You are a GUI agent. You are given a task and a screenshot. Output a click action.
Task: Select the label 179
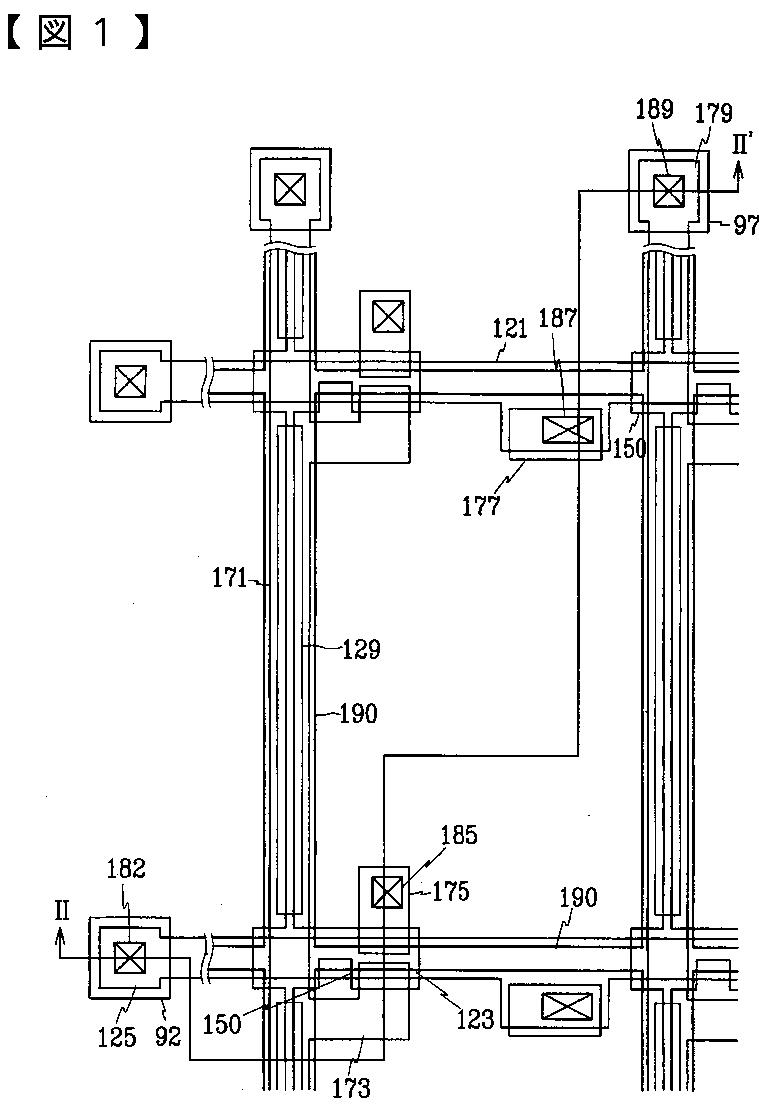coord(715,113)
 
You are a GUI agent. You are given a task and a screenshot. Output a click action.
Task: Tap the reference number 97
coord(745,225)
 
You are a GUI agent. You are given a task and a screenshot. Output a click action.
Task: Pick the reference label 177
coord(481,505)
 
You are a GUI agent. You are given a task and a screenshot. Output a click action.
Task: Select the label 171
coord(229,578)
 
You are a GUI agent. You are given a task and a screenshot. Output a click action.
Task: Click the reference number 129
coord(361,650)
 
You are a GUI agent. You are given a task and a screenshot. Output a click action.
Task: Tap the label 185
coord(459,834)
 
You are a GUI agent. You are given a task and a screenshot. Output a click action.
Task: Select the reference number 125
coord(116,1037)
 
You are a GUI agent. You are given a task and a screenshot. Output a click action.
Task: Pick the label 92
coord(168,1037)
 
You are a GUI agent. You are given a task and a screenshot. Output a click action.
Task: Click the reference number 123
coord(474,1019)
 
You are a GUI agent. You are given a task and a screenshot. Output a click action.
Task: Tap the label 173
coord(350,1087)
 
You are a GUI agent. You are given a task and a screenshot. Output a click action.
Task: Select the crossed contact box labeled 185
coord(386,891)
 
